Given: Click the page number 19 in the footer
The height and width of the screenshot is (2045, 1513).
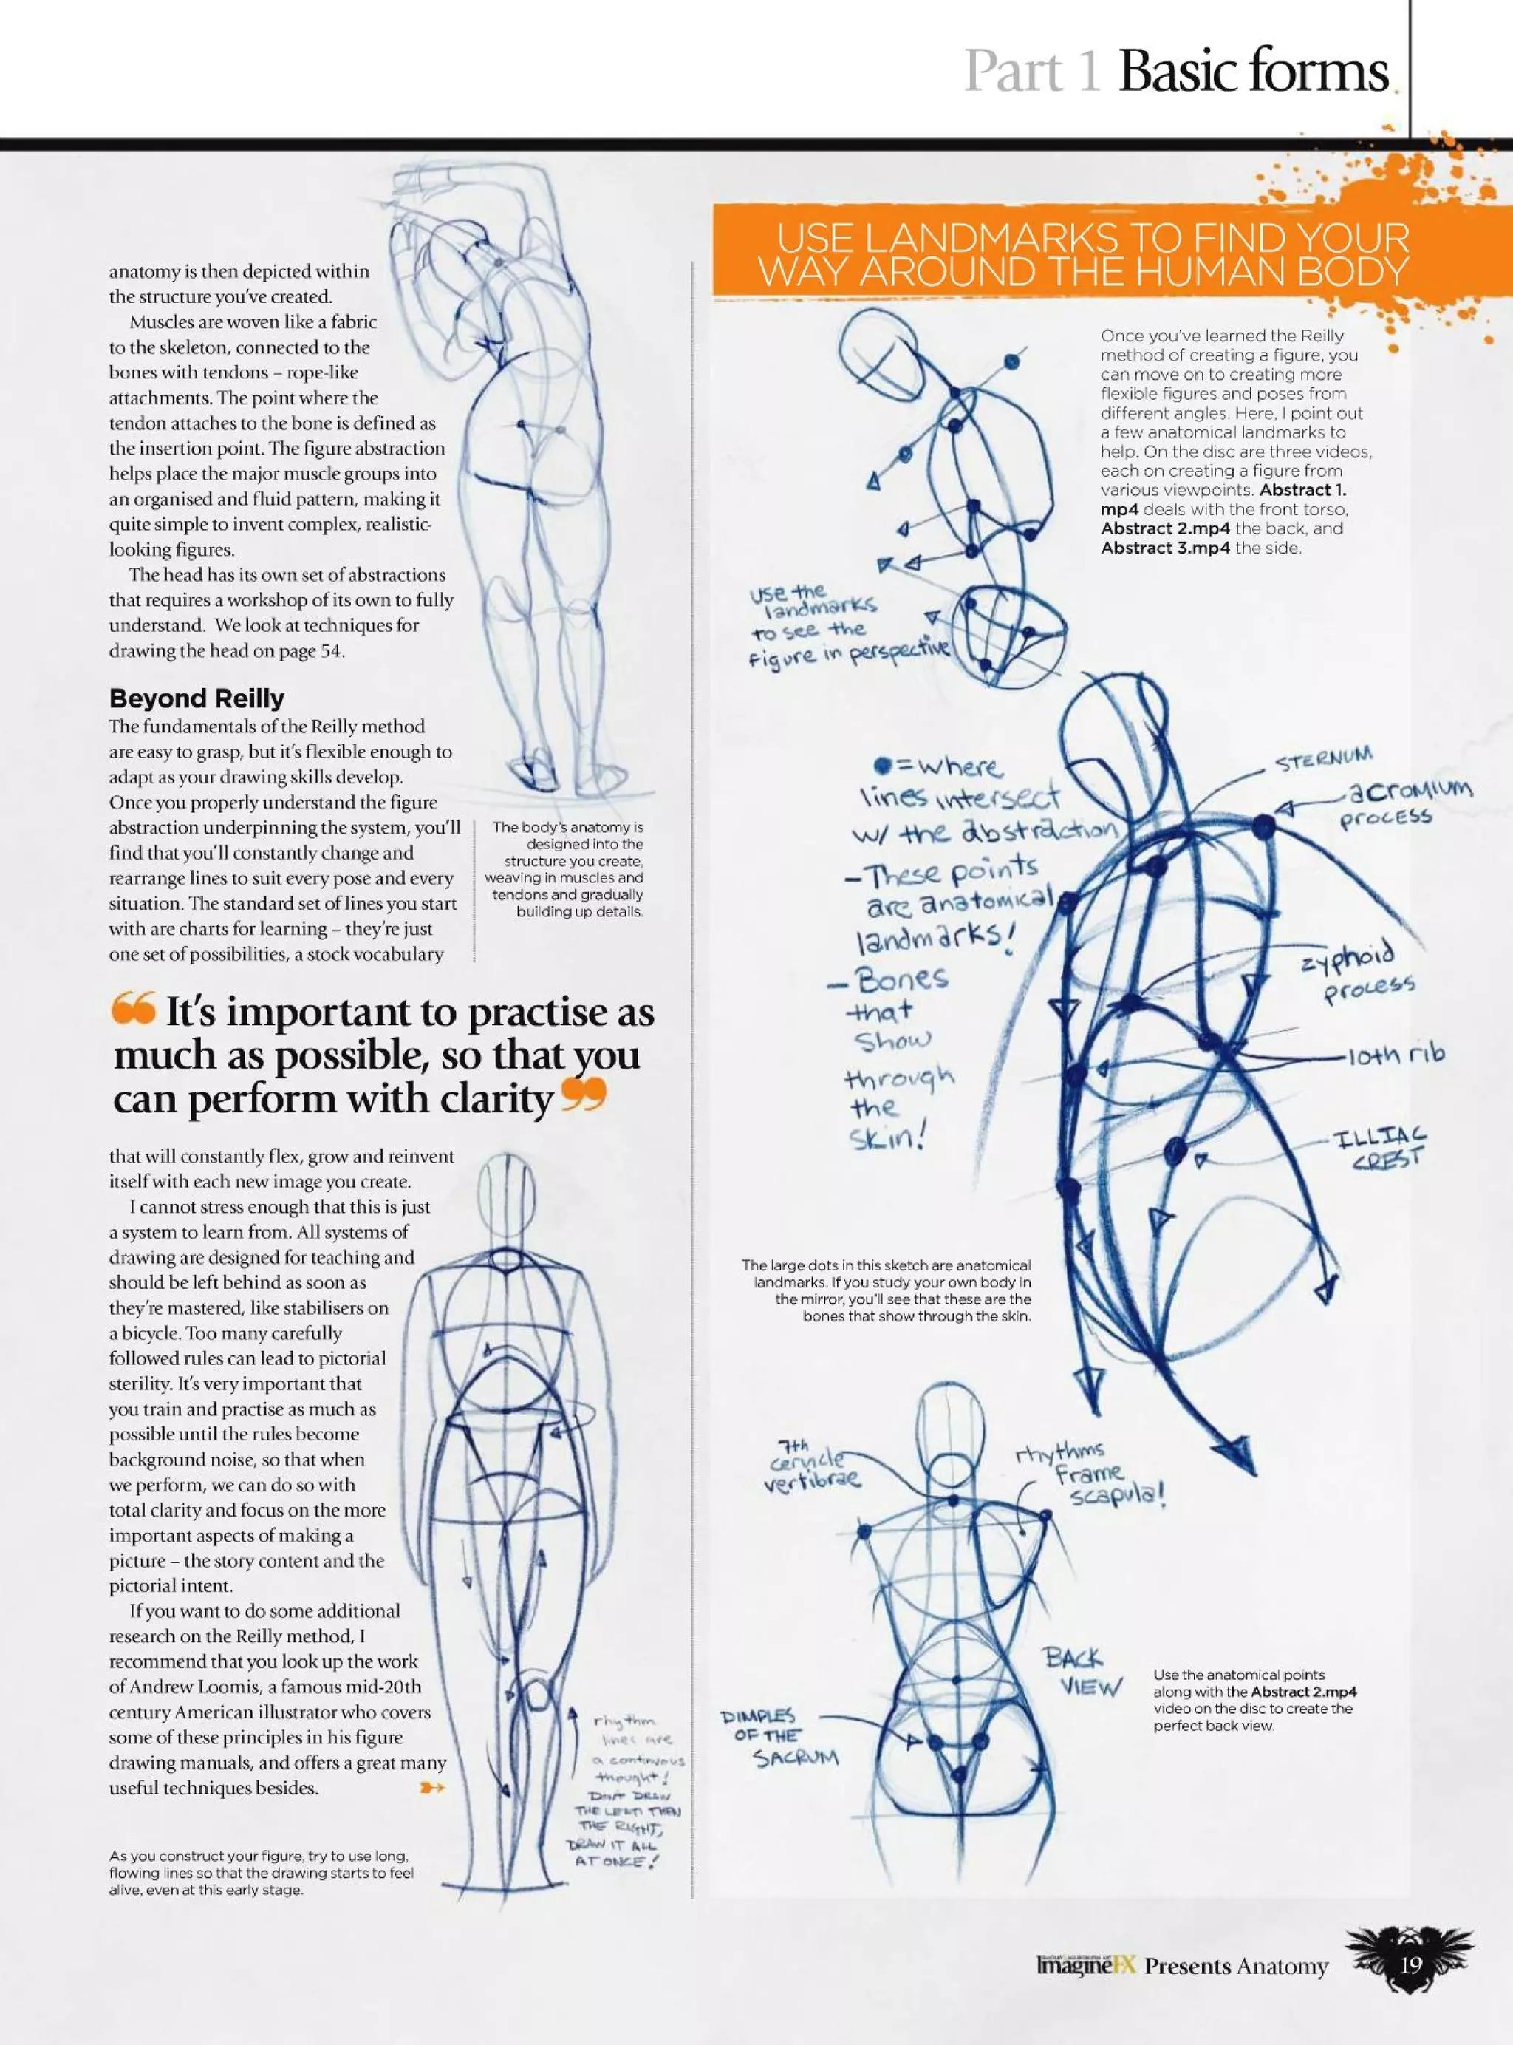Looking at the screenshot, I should click(x=1410, y=1964).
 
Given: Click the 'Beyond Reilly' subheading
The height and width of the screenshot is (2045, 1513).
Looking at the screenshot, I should click(x=196, y=698).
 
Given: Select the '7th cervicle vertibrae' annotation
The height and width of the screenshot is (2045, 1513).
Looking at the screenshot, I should click(x=811, y=1467).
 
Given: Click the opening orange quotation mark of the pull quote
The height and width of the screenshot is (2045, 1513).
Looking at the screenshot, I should click(x=133, y=1009).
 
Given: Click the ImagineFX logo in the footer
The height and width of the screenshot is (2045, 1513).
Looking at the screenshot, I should click(x=1085, y=1964).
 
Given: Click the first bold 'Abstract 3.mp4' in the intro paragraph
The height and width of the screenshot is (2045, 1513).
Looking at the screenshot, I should click(x=1165, y=548).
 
